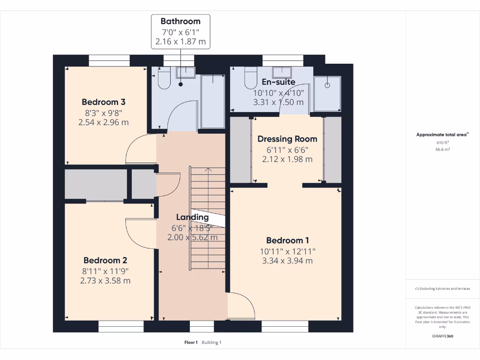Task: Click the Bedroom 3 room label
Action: tap(103, 102)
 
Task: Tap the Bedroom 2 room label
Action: tap(105, 260)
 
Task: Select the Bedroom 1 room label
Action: tap(287, 240)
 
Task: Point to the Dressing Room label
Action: tap(287, 139)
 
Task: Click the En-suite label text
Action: tap(278, 82)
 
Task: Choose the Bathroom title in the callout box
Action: tap(180, 21)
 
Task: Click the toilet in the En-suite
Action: tap(251, 78)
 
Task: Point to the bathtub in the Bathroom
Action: tap(212, 101)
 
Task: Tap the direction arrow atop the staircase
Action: tap(208, 170)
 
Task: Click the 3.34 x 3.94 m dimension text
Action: tap(287, 261)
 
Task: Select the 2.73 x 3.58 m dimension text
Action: tap(105, 281)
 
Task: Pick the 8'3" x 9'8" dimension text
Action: tap(103, 112)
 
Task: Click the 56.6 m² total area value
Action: tap(443, 150)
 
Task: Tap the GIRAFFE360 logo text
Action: tap(443, 336)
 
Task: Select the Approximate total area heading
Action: tap(442, 135)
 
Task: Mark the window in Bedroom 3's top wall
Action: tap(109, 60)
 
